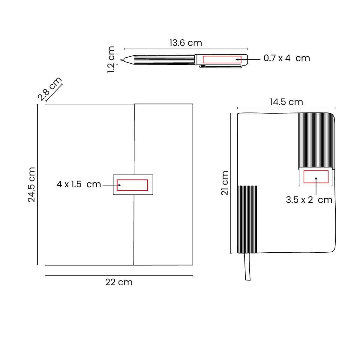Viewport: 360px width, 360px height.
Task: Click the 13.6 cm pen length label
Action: tap(186, 43)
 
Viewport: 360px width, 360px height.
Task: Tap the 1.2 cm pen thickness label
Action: tap(111, 59)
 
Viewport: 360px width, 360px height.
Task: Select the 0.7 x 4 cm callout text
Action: tap(287, 58)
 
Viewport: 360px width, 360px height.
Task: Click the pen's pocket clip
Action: tap(221, 66)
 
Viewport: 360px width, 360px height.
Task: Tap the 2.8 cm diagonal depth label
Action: tap(50, 89)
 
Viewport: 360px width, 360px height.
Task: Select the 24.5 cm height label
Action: tap(31, 184)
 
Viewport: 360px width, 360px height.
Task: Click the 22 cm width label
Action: tap(119, 282)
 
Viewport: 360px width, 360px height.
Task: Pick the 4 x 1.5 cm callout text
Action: tap(79, 184)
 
